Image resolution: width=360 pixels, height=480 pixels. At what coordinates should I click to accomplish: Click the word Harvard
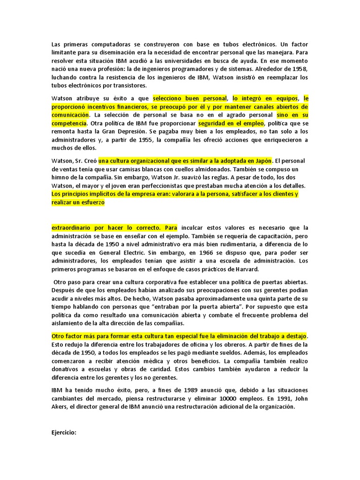point(242,269)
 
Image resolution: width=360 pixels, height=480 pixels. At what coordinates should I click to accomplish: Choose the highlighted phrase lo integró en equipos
point(265,98)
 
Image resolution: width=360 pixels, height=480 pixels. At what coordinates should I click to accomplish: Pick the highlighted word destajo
point(295,336)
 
